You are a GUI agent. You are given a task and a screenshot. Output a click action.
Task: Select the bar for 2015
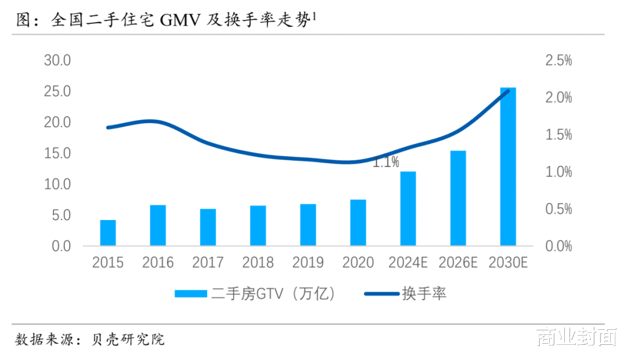click(x=108, y=233)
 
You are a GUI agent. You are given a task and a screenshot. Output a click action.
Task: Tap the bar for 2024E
click(x=408, y=208)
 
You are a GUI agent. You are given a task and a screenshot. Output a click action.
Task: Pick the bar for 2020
click(x=358, y=222)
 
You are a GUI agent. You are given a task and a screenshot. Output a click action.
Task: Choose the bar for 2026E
click(x=458, y=198)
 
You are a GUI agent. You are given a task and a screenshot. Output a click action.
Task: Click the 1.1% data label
click(x=385, y=163)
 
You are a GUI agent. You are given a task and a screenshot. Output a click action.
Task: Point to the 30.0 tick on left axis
click(x=57, y=60)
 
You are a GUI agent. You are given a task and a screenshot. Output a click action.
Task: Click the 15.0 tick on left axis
click(x=57, y=153)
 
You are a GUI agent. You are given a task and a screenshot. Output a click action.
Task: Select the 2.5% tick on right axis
click(x=558, y=60)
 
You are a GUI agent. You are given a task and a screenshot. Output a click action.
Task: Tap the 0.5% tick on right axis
click(x=558, y=209)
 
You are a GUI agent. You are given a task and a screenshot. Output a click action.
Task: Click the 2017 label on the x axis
click(x=208, y=263)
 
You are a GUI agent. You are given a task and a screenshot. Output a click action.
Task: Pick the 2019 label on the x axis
click(x=308, y=263)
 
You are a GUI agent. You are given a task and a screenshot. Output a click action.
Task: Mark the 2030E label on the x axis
click(x=508, y=263)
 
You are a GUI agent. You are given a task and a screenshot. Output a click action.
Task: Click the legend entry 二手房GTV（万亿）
click(x=255, y=294)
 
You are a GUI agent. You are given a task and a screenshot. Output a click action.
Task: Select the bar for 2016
click(x=158, y=225)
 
